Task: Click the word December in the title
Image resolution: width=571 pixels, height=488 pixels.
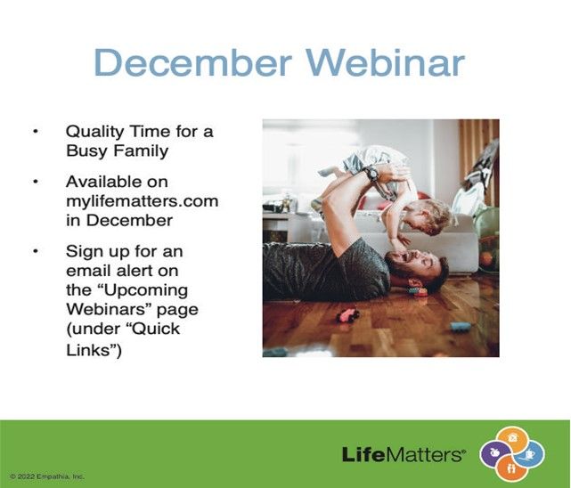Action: (192, 61)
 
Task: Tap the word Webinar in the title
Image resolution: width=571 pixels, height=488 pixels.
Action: (386, 61)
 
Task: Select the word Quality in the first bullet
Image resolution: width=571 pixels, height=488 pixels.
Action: (94, 132)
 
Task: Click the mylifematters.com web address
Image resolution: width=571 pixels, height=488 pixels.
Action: (143, 201)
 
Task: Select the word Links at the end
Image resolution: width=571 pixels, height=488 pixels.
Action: (88, 350)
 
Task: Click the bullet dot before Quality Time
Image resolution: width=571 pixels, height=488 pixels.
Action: (36, 132)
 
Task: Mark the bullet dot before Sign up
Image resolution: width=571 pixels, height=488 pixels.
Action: (36, 251)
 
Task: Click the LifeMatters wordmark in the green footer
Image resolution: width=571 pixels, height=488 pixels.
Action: (404, 454)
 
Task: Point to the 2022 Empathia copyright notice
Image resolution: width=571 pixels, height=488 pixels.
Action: (47, 476)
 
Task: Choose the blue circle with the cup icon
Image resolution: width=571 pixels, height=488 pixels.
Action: (530, 453)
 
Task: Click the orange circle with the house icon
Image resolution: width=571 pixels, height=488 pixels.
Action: (512, 439)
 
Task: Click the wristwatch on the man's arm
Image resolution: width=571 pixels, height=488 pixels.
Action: (371, 174)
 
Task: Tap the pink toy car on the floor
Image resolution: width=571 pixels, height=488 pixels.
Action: (347, 315)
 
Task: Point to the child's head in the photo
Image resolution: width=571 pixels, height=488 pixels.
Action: (432, 216)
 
